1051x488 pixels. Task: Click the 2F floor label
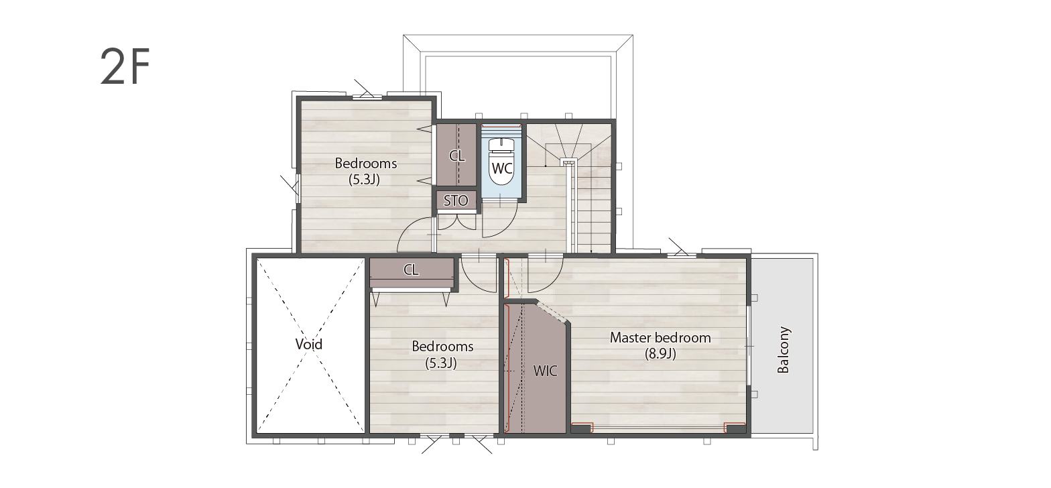click(125, 67)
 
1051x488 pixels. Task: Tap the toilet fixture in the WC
click(501, 162)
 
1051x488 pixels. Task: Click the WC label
click(502, 168)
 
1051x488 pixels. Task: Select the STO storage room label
click(456, 201)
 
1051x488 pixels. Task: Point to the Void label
click(309, 345)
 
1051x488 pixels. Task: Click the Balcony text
click(784, 350)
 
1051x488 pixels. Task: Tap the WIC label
click(545, 371)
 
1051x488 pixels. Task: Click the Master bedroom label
click(660, 337)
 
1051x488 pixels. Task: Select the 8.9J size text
click(660, 354)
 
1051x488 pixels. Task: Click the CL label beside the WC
click(456, 156)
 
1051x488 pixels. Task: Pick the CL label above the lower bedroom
click(411, 269)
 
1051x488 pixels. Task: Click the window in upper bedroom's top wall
click(367, 98)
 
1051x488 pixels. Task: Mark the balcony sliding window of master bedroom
click(748, 347)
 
